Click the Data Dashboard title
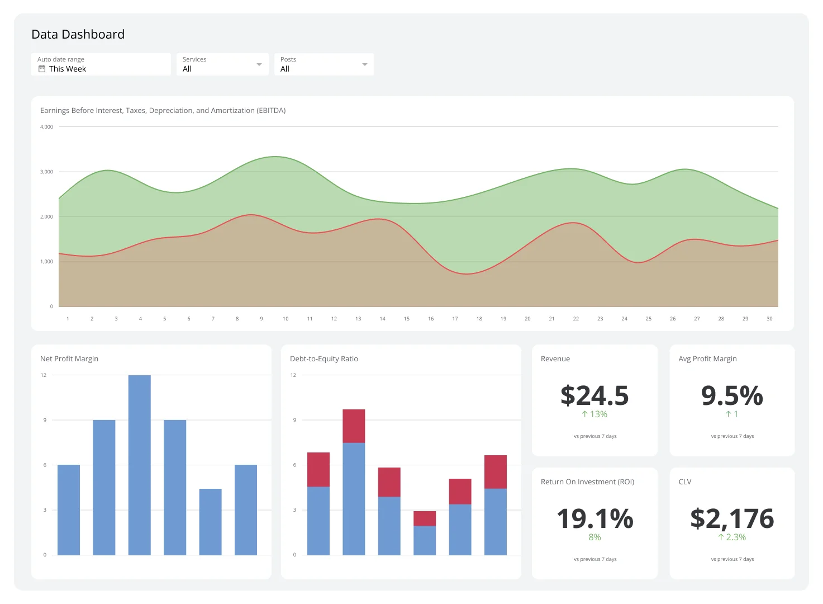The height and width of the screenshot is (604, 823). click(78, 35)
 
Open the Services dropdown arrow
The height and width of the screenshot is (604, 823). click(259, 64)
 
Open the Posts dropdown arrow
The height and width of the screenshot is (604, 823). click(365, 64)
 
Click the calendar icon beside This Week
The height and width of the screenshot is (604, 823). click(42, 69)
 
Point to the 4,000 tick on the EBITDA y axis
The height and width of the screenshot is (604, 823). click(46, 127)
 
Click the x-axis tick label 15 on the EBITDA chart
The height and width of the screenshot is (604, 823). click(407, 319)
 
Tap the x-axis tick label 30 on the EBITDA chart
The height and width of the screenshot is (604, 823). click(769, 319)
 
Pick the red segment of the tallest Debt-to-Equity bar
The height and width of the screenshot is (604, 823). click(354, 426)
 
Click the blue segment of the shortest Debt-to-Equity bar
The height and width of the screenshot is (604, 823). click(425, 540)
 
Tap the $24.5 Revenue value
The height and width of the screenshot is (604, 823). click(594, 396)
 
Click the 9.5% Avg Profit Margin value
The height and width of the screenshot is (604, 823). click(732, 396)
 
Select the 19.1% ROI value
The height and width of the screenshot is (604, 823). click(594, 519)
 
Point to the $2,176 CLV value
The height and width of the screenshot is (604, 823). click(732, 519)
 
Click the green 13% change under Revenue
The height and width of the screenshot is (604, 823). click(594, 414)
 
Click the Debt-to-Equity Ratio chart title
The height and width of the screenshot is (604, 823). click(324, 359)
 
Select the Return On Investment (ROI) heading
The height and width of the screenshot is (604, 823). click(587, 482)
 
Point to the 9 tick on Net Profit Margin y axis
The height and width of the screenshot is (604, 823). click(45, 420)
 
